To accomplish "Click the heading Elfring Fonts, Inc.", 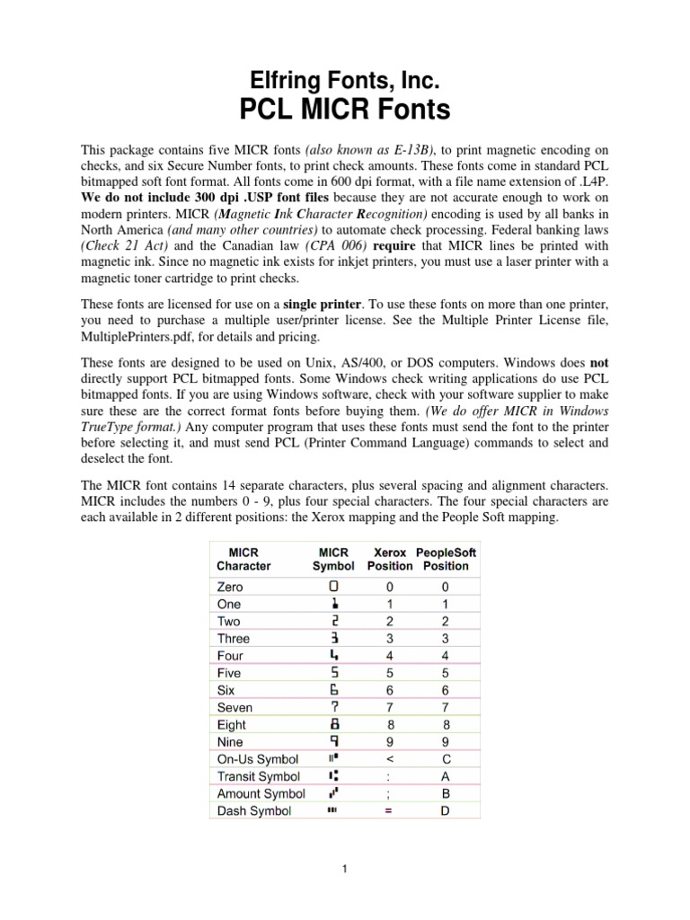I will [x=345, y=82].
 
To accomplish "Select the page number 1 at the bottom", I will [x=345, y=870].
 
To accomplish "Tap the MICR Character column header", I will [x=243, y=559].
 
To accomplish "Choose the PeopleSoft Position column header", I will [x=447, y=559].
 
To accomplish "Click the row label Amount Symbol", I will [x=261, y=793].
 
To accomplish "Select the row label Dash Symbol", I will [x=254, y=810].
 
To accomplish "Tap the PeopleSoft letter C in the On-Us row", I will [x=446, y=759].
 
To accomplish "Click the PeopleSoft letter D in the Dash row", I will [x=446, y=810].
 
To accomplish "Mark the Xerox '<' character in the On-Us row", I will [x=390, y=759].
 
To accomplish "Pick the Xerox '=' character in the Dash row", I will [x=390, y=810].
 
